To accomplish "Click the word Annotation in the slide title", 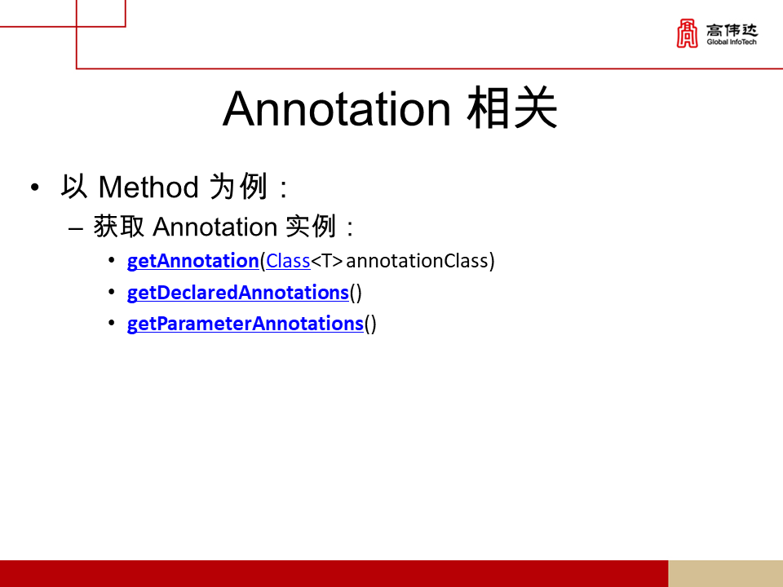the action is (337, 108).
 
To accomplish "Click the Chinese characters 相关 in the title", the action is (512, 108).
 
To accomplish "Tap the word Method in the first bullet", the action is (148, 188).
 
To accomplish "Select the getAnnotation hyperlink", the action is (192, 261).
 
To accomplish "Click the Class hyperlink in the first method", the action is (288, 261).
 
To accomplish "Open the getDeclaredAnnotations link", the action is (237, 293).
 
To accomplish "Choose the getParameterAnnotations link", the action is (246, 324).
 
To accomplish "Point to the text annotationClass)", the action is (420, 261).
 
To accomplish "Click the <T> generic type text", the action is (327, 261).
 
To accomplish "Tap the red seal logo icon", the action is (687, 33).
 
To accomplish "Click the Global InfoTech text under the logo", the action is (732, 42).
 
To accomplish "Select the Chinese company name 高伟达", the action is (732, 30).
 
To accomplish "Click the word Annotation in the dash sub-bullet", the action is (215, 227).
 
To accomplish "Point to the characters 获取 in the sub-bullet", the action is (119, 227).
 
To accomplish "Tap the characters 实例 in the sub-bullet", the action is (311, 227).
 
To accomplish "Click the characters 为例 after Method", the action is (238, 187).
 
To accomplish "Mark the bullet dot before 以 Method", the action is (34, 188).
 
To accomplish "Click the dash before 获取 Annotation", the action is (75, 229).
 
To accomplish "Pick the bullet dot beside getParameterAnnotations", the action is (112, 323).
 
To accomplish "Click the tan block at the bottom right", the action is (726, 573).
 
